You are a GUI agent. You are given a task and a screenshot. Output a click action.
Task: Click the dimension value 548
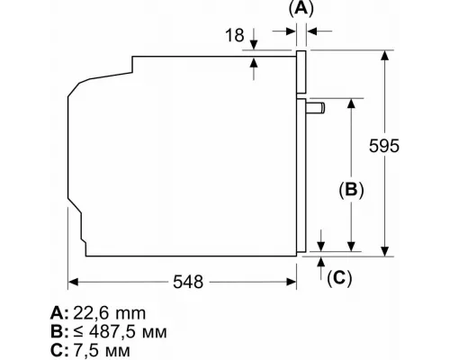point(188,282)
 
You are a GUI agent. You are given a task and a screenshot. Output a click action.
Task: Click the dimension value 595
point(384,146)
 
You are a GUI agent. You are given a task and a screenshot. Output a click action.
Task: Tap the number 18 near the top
point(235,35)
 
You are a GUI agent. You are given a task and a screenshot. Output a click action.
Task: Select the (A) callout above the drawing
point(301,8)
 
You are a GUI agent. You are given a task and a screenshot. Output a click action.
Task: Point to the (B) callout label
point(351,190)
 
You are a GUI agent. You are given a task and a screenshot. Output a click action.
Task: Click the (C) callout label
point(339,278)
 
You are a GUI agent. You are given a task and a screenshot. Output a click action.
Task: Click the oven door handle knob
point(315,108)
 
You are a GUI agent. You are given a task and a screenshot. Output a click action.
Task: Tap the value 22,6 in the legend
point(90,313)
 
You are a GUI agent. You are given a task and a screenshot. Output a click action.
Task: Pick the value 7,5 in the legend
point(86,351)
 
